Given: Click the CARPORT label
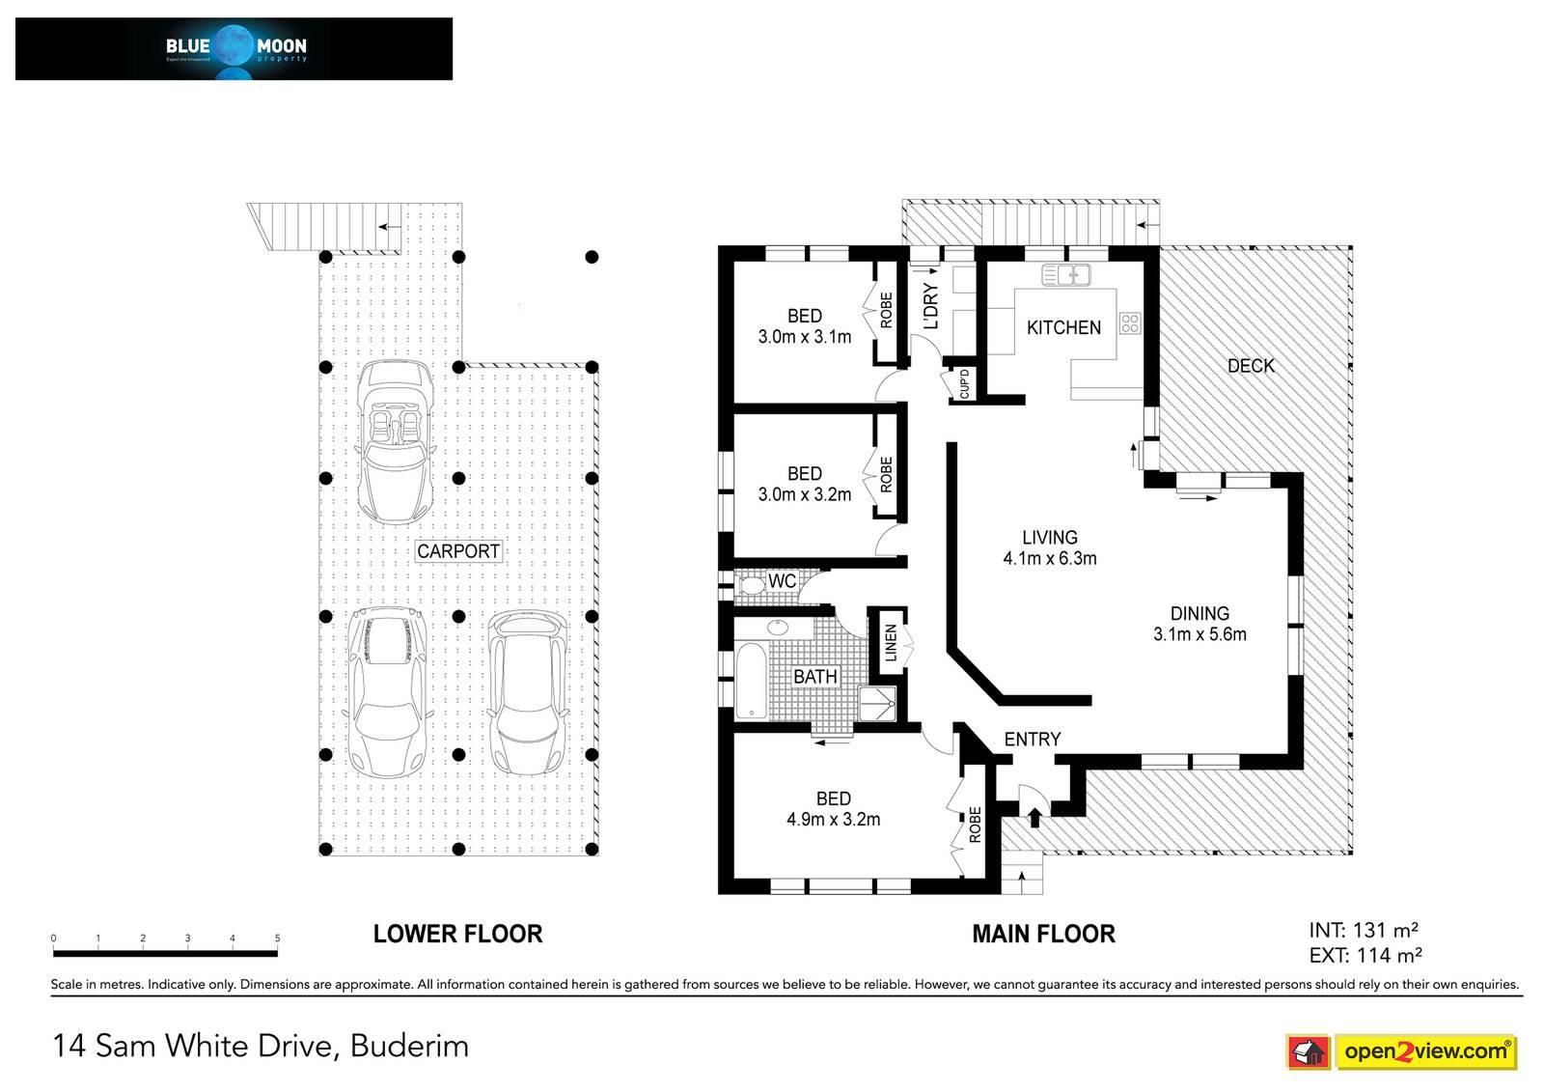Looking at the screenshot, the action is (x=458, y=551).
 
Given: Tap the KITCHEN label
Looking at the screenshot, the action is (x=1063, y=327).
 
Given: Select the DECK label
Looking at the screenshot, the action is (x=1251, y=366).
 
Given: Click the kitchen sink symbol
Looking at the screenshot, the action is (x=1065, y=274).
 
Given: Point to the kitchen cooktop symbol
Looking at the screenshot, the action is (x=1130, y=322).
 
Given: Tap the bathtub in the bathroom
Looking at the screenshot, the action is (x=751, y=681).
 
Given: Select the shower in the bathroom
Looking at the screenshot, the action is (x=877, y=704).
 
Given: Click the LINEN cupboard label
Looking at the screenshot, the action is (x=891, y=643).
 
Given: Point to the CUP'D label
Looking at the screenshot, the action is (x=964, y=383).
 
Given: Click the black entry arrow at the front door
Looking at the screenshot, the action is (x=1034, y=818).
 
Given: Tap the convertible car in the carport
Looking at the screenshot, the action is (x=395, y=441).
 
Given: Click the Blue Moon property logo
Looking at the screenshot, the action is (x=234, y=49).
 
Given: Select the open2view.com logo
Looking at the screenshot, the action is (x=1402, y=1051).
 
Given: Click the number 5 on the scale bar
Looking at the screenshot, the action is (x=278, y=938).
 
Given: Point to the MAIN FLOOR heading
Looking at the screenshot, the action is (x=1043, y=934).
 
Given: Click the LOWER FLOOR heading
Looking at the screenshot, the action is (x=457, y=934).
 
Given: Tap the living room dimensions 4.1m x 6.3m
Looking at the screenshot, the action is (x=1050, y=558).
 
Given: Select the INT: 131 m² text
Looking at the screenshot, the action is (x=1364, y=931).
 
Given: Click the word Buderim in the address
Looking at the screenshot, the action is (x=409, y=1046).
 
